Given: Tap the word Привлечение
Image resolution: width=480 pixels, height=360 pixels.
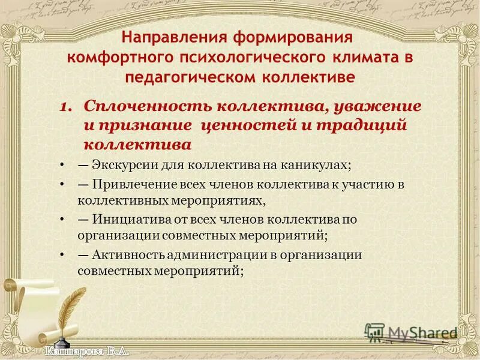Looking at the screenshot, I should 129,185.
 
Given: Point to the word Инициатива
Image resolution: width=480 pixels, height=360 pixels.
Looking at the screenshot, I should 127,220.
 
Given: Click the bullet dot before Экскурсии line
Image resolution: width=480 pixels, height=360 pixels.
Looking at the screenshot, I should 63,165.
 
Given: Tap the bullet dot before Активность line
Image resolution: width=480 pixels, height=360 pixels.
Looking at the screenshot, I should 63,254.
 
